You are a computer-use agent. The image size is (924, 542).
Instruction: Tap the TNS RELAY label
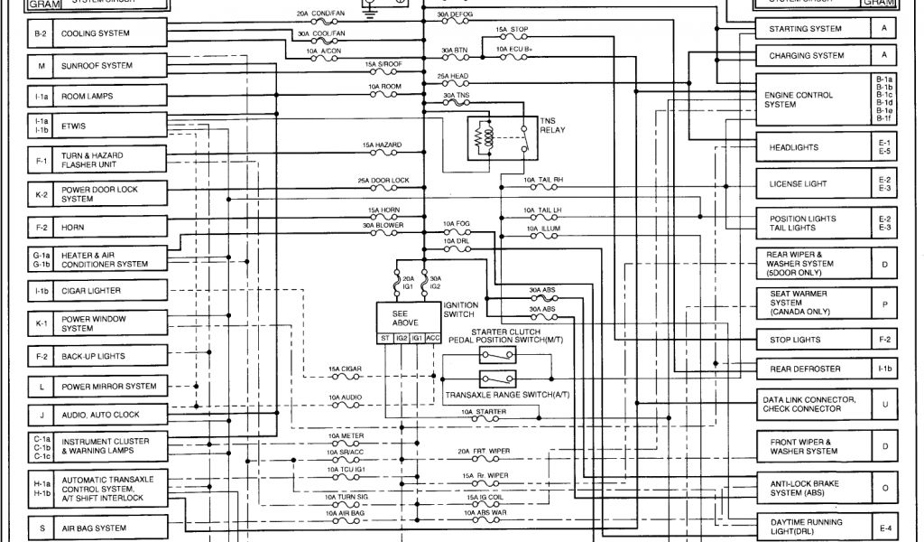pyautogui.click(x=551, y=125)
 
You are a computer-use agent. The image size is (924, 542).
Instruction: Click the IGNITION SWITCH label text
pyautogui.click(x=461, y=311)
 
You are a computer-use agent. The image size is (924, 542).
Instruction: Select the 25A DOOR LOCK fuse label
pyautogui.click(x=383, y=181)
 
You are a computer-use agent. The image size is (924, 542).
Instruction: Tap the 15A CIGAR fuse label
pyautogui.click(x=345, y=369)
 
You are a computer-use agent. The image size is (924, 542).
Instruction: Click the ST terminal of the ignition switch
pyautogui.click(x=384, y=338)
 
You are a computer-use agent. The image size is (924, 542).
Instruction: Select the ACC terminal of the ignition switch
pyautogui.click(x=432, y=338)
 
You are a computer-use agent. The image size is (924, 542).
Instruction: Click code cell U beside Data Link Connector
pyautogui.click(x=884, y=404)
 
